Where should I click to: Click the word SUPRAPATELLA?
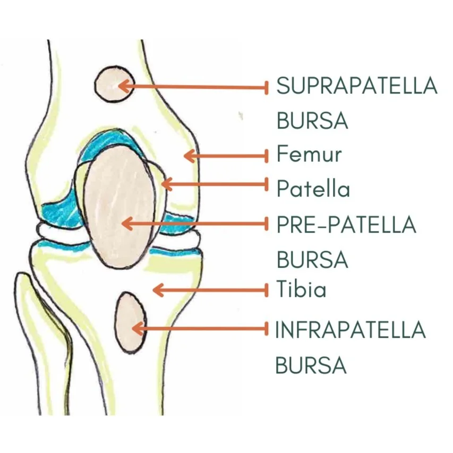point(356,86)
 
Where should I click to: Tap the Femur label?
point(309,155)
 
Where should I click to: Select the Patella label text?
point(313,189)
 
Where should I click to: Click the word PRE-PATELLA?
point(346,225)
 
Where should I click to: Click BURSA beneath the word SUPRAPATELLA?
point(312,121)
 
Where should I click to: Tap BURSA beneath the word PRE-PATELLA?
point(312,260)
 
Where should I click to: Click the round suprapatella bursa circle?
point(112,84)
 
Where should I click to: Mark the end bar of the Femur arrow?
point(267,156)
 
